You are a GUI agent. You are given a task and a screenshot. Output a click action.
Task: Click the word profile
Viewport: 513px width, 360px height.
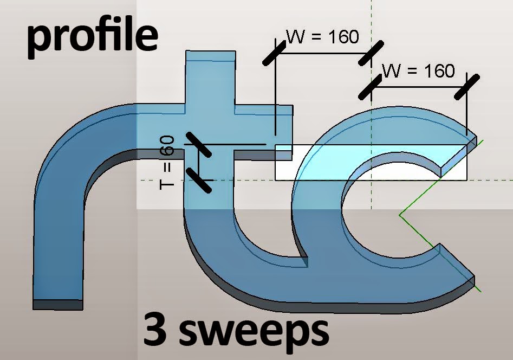(92, 37)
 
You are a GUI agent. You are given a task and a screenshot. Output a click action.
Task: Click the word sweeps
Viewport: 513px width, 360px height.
(255, 332)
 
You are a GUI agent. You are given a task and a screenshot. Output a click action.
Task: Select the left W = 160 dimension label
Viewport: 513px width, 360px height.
(322, 37)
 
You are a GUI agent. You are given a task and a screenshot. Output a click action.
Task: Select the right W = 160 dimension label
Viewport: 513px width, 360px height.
(418, 70)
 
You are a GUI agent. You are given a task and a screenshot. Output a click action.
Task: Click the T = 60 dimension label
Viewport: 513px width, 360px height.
(168, 162)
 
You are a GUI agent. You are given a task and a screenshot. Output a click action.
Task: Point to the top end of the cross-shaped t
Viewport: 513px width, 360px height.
(210, 54)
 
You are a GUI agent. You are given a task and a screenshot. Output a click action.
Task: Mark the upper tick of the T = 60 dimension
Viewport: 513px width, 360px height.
(198, 144)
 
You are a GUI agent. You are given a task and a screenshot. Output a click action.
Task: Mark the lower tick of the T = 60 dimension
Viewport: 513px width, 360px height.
(198, 179)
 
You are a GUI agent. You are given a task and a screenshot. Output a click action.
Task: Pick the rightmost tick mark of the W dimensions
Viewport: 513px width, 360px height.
(467, 87)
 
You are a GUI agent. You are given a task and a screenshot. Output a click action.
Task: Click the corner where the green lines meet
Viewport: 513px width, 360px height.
(400, 215)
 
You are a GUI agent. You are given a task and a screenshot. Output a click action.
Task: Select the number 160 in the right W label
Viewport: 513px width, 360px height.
(437, 70)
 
